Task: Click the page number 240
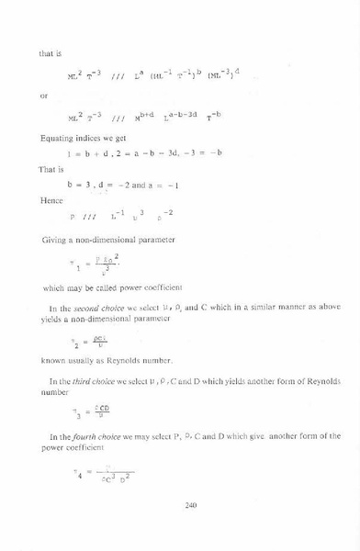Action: [191, 504]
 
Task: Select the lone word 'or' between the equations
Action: [43, 94]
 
